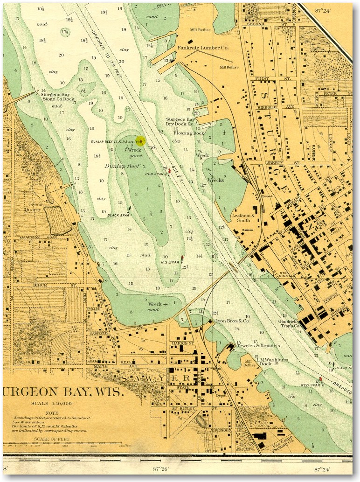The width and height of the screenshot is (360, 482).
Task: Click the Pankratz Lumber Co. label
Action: tap(202, 48)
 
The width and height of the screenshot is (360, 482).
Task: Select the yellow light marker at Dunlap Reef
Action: tap(141, 140)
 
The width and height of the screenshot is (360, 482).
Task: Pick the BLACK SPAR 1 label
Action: tap(120, 215)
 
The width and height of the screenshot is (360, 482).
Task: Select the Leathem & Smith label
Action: tap(243, 218)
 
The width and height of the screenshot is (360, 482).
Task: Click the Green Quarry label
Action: tap(36, 207)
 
